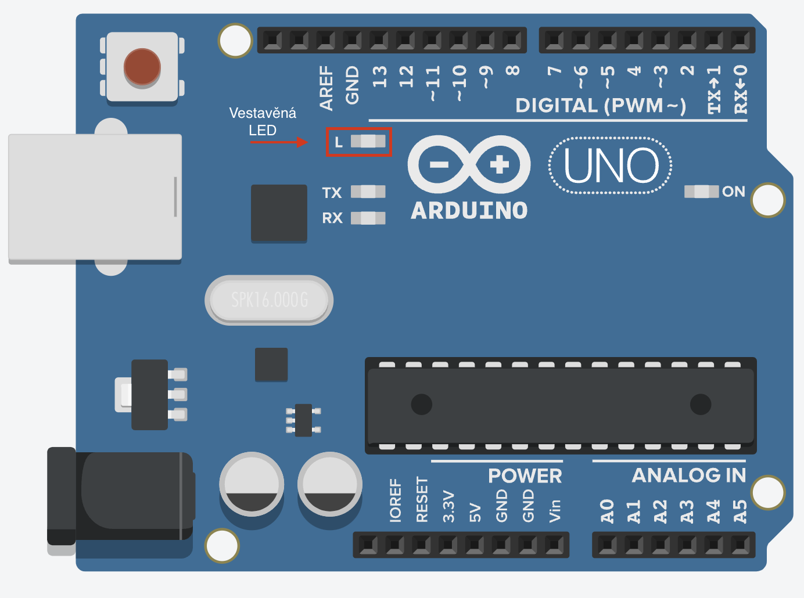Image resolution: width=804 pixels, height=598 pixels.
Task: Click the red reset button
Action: [x=142, y=67]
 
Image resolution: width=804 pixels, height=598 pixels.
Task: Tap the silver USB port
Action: [x=95, y=197]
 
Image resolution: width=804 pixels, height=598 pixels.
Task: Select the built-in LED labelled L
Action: [x=368, y=141]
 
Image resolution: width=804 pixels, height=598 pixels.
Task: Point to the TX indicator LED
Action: [x=368, y=192]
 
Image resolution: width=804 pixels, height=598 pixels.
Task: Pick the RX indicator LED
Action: [x=368, y=218]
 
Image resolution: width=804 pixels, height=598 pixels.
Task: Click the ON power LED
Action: [x=701, y=192]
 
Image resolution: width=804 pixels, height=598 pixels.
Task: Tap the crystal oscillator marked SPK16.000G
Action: [x=269, y=300]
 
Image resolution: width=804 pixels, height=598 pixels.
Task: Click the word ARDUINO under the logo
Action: [x=469, y=211]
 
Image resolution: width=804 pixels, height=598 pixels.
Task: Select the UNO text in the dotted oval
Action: [x=611, y=165]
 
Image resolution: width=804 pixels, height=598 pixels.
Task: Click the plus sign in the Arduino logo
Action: [x=499, y=164]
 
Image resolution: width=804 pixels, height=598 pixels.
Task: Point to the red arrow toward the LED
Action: [x=279, y=142]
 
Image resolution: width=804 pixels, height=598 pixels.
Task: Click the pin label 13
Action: [x=379, y=76]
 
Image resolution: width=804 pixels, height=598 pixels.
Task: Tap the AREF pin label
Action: [x=326, y=88]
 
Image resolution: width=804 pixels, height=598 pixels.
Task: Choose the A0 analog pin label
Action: [x=607, y=511]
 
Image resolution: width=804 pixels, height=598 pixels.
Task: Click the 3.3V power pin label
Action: [x=448, y=506]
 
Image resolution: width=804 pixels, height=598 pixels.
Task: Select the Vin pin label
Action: [x=555, y=510]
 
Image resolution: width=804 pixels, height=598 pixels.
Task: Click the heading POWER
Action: [x=525, y=475]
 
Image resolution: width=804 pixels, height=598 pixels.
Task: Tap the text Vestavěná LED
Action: [x=263, y=121]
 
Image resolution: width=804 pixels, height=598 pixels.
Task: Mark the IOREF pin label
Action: [x=395, y=500]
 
